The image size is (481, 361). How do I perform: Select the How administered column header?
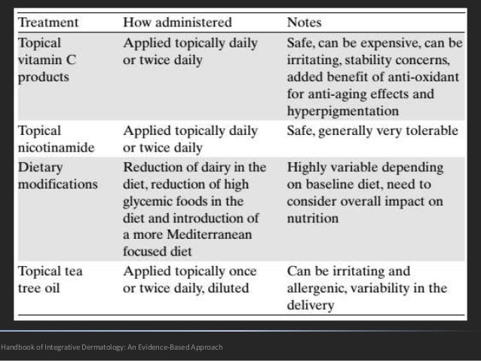[177, 23]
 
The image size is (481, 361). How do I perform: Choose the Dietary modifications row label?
[57, 175]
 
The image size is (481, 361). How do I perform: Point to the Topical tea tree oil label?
[51, 280]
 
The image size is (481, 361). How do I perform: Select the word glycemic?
[149, 200]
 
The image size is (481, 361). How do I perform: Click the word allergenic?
[320, 289]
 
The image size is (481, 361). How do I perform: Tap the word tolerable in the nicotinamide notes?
[431, 130]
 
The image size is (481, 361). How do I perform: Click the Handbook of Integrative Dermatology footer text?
[112, 347]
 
